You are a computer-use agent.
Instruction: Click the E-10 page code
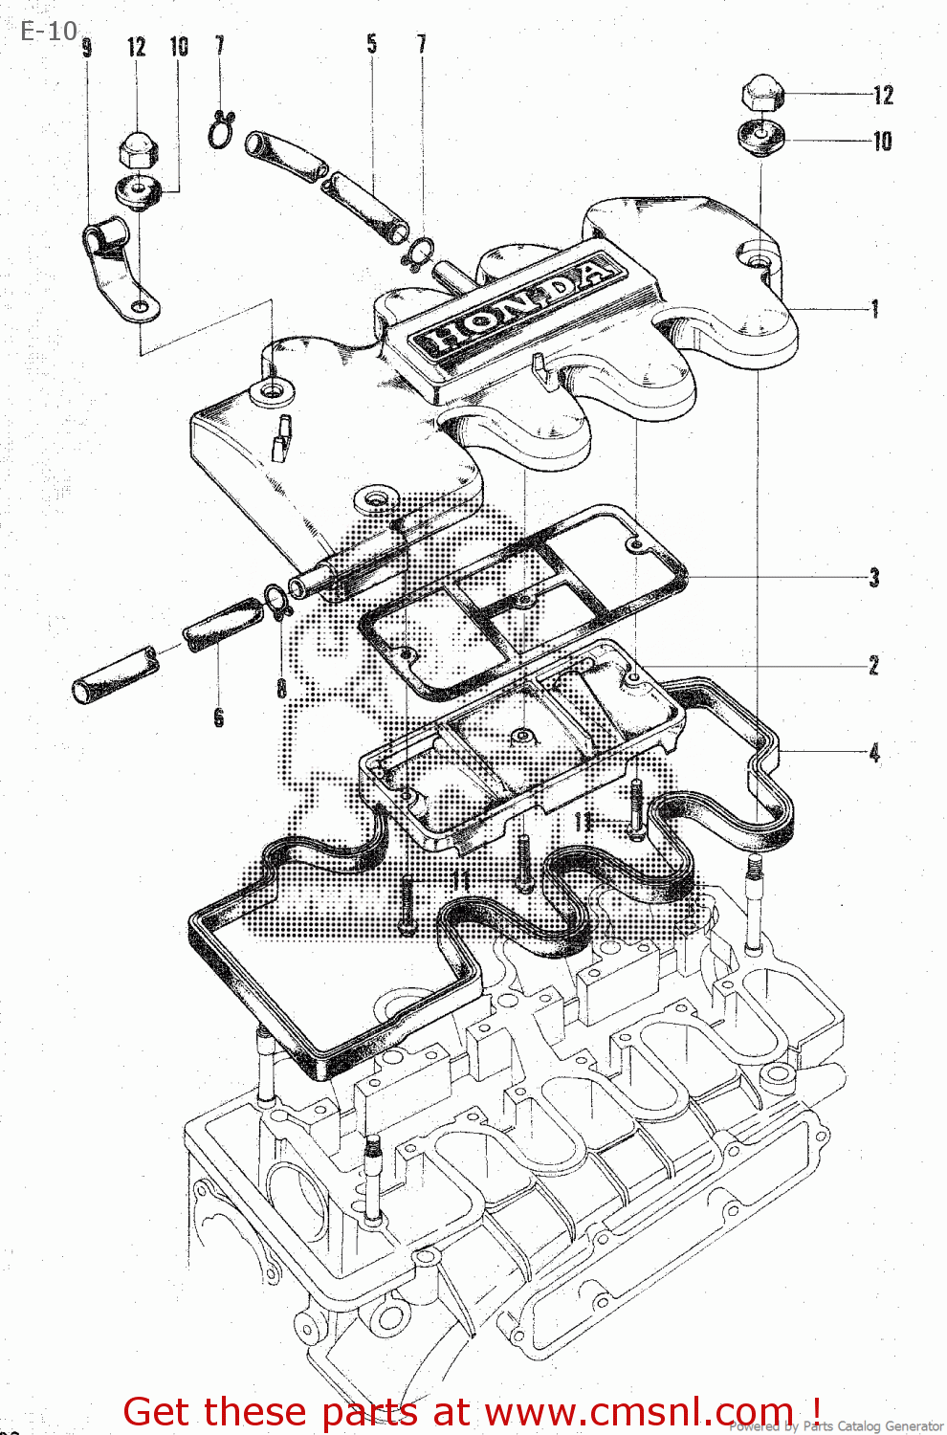[48, 32]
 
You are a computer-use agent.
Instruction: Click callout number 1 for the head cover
[874, 309]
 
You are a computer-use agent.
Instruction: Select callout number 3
[874, 577]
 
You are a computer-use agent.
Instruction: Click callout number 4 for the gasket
[874, 753]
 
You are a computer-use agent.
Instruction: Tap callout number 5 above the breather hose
[371, 44]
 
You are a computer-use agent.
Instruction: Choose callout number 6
[219, 717]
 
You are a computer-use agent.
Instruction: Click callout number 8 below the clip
[281, 688]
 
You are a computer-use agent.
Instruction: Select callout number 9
[87, 48]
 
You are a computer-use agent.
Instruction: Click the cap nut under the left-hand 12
[136, 149]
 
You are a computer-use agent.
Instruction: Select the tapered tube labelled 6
[223, 624]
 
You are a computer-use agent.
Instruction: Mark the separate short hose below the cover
[114, 675]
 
